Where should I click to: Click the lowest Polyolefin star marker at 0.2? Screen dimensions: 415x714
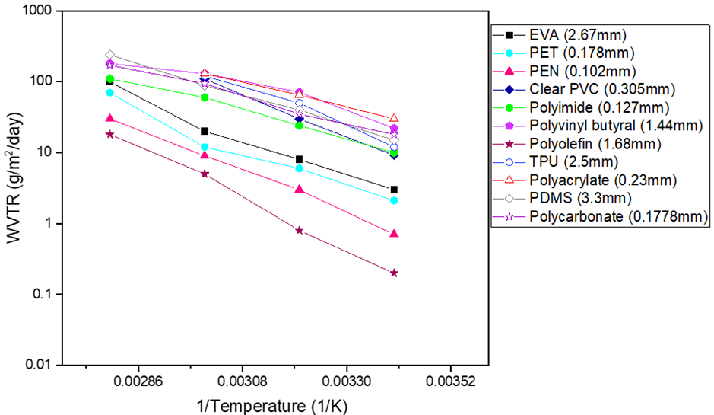(394, 273)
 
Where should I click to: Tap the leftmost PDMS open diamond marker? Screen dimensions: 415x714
(109, 55)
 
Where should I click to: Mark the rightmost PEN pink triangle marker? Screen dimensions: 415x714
(394, 233)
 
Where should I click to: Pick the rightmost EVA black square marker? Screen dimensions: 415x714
(394, 190)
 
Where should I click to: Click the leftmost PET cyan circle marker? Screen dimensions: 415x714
(109, 92)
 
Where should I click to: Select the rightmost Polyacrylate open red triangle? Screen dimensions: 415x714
(394, 118)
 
